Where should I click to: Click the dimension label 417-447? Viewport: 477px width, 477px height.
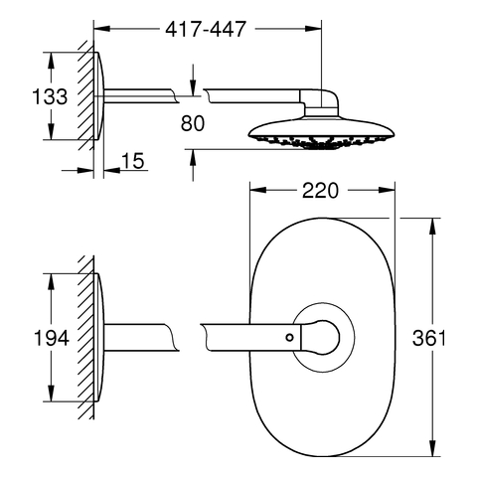click(x=206, y=29)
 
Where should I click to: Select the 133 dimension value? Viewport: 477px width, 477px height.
click(x=50, y=96)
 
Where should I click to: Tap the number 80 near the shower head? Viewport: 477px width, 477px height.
click(x=193, y=123)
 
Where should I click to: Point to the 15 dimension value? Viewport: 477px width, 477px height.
click(x=133, y=161)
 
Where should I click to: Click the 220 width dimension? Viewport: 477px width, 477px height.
click(x=320, y=191)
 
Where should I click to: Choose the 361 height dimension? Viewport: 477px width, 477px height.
click(x=429, y=338)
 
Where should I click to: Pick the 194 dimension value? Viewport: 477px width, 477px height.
click(x=52, y=338)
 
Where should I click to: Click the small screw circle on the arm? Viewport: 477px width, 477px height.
click(x=290, y=338)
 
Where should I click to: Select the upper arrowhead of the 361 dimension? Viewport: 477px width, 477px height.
click(x=432, y=227)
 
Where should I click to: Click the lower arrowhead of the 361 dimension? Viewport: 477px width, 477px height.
click(x=432, y=448)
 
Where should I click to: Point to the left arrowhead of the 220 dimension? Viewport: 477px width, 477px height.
click(x=258, y=191)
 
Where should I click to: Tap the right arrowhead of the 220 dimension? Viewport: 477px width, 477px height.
click(x=387, y=191)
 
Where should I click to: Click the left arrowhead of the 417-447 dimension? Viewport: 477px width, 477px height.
click(x=101, y=29)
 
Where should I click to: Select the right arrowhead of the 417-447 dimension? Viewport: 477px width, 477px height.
click(x=313, y=29)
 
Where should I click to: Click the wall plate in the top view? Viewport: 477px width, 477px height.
click(x=99, y=96)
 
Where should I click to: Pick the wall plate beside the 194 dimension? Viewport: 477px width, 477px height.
click(x=99, y=338)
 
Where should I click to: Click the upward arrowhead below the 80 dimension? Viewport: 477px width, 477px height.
click(x=193, y=157)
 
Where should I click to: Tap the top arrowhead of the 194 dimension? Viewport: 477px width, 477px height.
click(x=51, y=282)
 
